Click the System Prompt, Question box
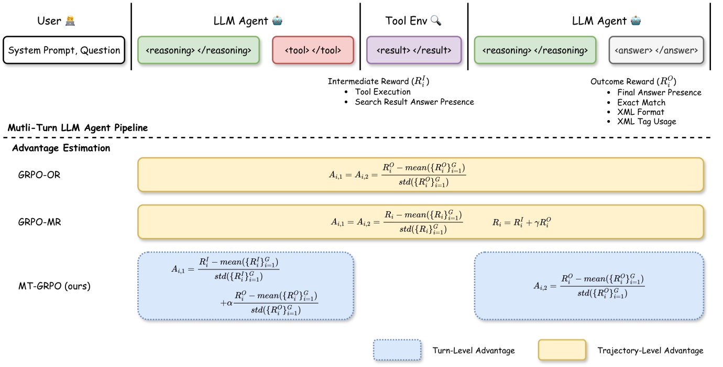pos(64,50)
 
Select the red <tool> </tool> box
pos(313,50)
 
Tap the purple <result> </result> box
pos(414,50)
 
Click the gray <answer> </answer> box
pos(656,50)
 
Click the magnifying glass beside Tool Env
pos(436,21)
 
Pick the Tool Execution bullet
pos(382,92)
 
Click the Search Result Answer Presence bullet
pos(414,102)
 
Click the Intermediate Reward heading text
pos(379,81)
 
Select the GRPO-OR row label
pos(39,175)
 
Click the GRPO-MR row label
pos(39,222)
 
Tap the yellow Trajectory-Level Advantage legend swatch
pos(562,350)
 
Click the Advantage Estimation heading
pos(61,148)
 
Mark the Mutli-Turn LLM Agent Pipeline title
pos(78,127)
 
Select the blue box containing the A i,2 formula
pos(589,286)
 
